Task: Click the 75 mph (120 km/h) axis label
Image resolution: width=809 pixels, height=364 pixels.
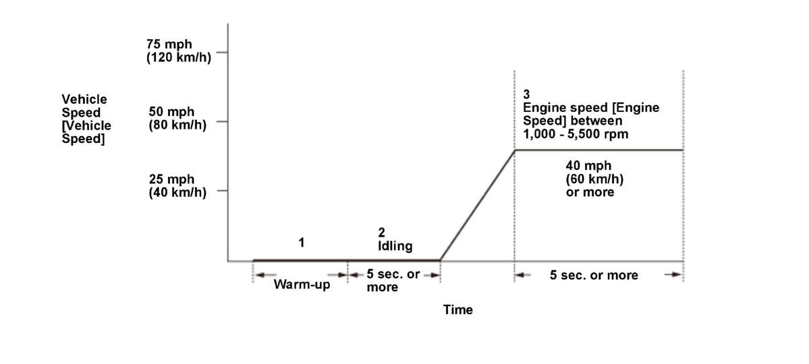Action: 178,51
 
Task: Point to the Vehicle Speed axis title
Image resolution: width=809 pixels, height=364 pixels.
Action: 86,119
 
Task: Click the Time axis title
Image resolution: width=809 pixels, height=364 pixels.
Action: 457,310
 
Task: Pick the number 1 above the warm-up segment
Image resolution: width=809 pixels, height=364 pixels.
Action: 302,243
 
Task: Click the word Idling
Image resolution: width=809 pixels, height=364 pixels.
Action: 395,246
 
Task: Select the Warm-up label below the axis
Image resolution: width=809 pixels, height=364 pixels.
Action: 302,284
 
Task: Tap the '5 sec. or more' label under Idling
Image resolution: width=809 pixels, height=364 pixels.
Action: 393,281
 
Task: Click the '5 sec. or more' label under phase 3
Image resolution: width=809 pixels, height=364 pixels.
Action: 594,275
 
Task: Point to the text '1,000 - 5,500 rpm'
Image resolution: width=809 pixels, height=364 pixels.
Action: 571,133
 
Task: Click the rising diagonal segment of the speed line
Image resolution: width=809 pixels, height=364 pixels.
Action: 477,206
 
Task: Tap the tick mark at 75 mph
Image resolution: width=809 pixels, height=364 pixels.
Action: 222,52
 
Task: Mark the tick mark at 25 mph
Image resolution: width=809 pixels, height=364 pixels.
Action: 222,191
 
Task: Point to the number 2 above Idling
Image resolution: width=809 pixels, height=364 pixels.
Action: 381,233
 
